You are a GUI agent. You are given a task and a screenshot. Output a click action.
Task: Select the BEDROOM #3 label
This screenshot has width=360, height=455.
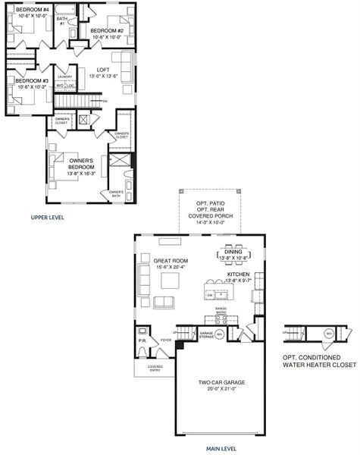pyautogui.click(x=32, y=80)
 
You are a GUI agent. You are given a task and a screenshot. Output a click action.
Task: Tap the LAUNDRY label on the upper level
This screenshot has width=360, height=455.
pyautogui.click(x=65, y=76)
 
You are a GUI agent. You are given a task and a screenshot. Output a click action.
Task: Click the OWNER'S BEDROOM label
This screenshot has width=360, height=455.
pyautogui.click(x=80, y=163)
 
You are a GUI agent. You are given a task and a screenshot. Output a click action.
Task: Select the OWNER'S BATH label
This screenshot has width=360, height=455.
pyautogui.click(x=116, y=194)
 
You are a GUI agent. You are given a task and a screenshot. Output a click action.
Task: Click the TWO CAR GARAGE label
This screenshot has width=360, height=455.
pyautogui.click(x=221, y=382)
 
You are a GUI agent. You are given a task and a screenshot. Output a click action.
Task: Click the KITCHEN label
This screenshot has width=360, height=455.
pyautogui.click(x=238, y=273)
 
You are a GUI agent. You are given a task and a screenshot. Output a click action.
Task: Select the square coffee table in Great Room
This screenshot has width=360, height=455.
pyautogui.click(x=169, y=281)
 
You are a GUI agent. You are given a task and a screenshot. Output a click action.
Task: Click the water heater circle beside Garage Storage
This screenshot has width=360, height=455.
pyautogui.click(x=220, y=334)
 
